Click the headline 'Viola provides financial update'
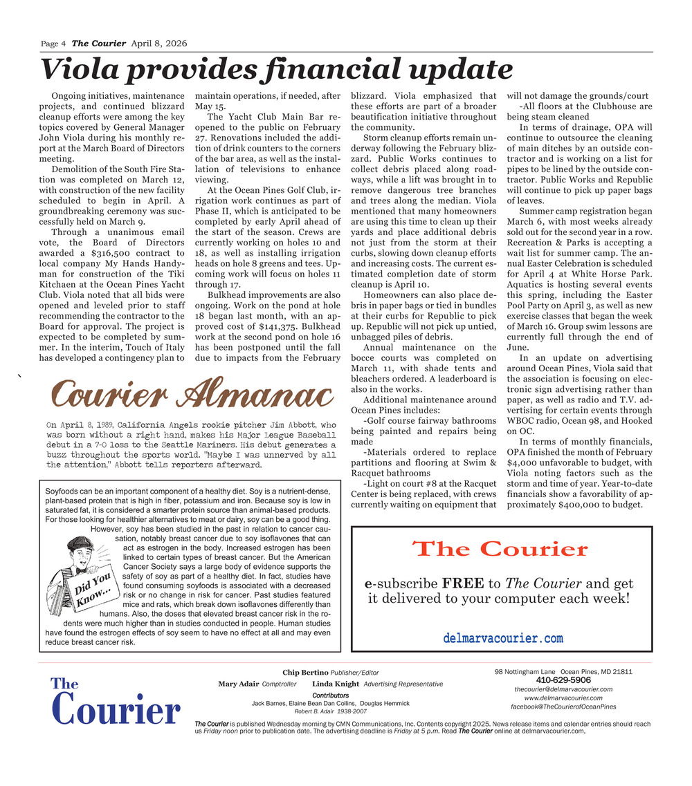[x=276, y=70]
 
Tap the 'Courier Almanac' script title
[x=189, y=395]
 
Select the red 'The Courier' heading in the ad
[x=500, y=550]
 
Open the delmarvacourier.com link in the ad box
[x=502, y=638]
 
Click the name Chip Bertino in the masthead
[x=305, y=673]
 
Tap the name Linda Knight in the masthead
[x=336, y=684]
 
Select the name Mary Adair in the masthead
[x=239, y=684]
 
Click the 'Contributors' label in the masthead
[x=330, y=695]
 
